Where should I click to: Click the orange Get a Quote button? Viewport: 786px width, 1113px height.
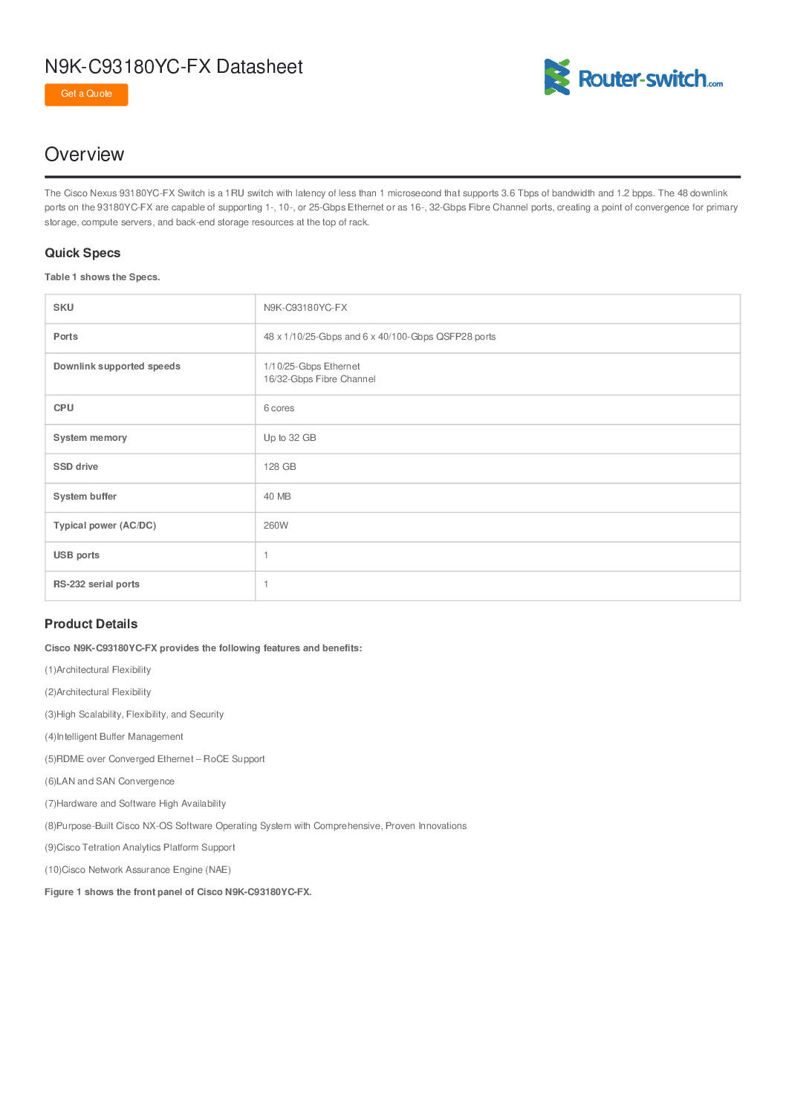coord(86,94)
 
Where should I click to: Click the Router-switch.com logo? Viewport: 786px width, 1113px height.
coord(633,78)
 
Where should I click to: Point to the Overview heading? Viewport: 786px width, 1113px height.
coord(85,155)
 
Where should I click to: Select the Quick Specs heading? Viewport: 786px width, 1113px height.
coord(82,254)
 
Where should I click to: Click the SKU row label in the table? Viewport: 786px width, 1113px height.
coord(63,308)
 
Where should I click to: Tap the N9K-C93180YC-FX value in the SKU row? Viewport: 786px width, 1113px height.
coord(305,308)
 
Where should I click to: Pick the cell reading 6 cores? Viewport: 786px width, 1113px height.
coord(279,408)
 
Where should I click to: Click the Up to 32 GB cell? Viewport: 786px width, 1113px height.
coord(290,438)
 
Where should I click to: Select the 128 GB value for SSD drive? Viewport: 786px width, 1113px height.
coord(279,467)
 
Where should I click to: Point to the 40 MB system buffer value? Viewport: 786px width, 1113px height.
coord(277,497)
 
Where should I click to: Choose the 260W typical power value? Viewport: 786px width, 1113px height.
coord(276,526)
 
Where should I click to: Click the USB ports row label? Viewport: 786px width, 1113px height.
coord(77,555)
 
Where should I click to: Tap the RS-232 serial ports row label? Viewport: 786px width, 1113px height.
coord(97,584)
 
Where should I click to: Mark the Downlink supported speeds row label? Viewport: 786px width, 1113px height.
coord(117,367)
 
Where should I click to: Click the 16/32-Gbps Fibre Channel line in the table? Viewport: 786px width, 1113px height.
coord(319,379)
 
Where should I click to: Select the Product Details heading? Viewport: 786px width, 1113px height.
coord(91,625)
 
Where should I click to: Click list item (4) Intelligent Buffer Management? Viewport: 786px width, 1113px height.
coord(114,737)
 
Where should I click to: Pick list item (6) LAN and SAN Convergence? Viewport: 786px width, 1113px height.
coord(109,781)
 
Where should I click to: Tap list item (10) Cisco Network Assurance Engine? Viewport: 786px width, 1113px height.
coord(137,870)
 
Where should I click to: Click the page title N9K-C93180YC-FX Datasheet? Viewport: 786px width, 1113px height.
coord(174,67)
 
